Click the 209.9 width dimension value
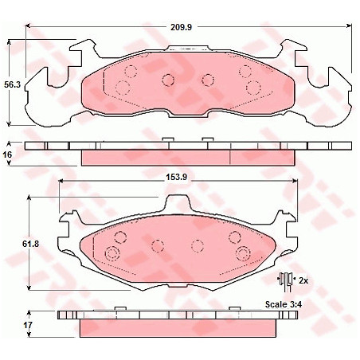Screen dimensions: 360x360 tap(181, 27)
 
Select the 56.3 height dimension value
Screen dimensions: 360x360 tap(12, 84)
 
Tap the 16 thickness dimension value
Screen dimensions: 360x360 tap(8, 155)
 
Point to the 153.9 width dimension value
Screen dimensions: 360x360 tap(177, 177)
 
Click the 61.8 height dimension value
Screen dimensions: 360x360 tap(30, 244)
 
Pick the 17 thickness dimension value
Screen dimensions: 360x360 tap(28, 325)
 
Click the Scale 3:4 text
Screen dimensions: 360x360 tap(284, 304)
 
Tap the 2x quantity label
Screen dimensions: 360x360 tap(303, 280)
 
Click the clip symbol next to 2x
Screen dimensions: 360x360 tap(285, 281)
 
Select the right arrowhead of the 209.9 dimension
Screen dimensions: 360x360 tap(349, 26)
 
